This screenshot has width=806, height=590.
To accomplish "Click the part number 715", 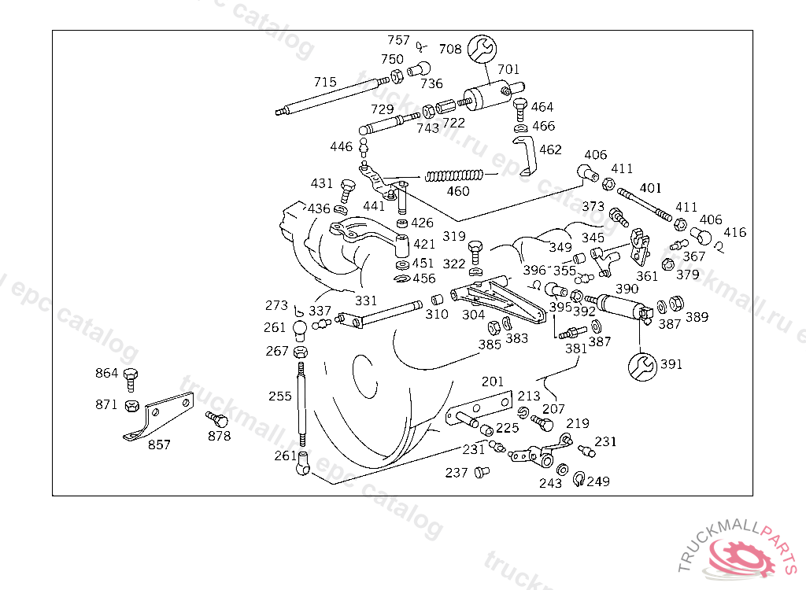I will click(325, 82).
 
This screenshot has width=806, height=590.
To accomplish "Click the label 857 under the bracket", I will click(159, 444).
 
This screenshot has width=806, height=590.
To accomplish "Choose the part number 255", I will click(280, 396).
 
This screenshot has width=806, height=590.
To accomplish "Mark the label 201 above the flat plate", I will click(493, 382).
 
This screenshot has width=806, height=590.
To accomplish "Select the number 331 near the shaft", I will click(366, 301).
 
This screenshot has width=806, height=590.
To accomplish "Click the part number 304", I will click(473, 314).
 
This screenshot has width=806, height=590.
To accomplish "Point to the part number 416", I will click(735, 233).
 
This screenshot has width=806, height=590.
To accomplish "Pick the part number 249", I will click(598, 481).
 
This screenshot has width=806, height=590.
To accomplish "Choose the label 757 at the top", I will click(398, 40).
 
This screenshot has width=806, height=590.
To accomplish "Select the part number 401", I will click(651, 189).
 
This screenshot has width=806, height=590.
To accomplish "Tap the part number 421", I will click(424, 245).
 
